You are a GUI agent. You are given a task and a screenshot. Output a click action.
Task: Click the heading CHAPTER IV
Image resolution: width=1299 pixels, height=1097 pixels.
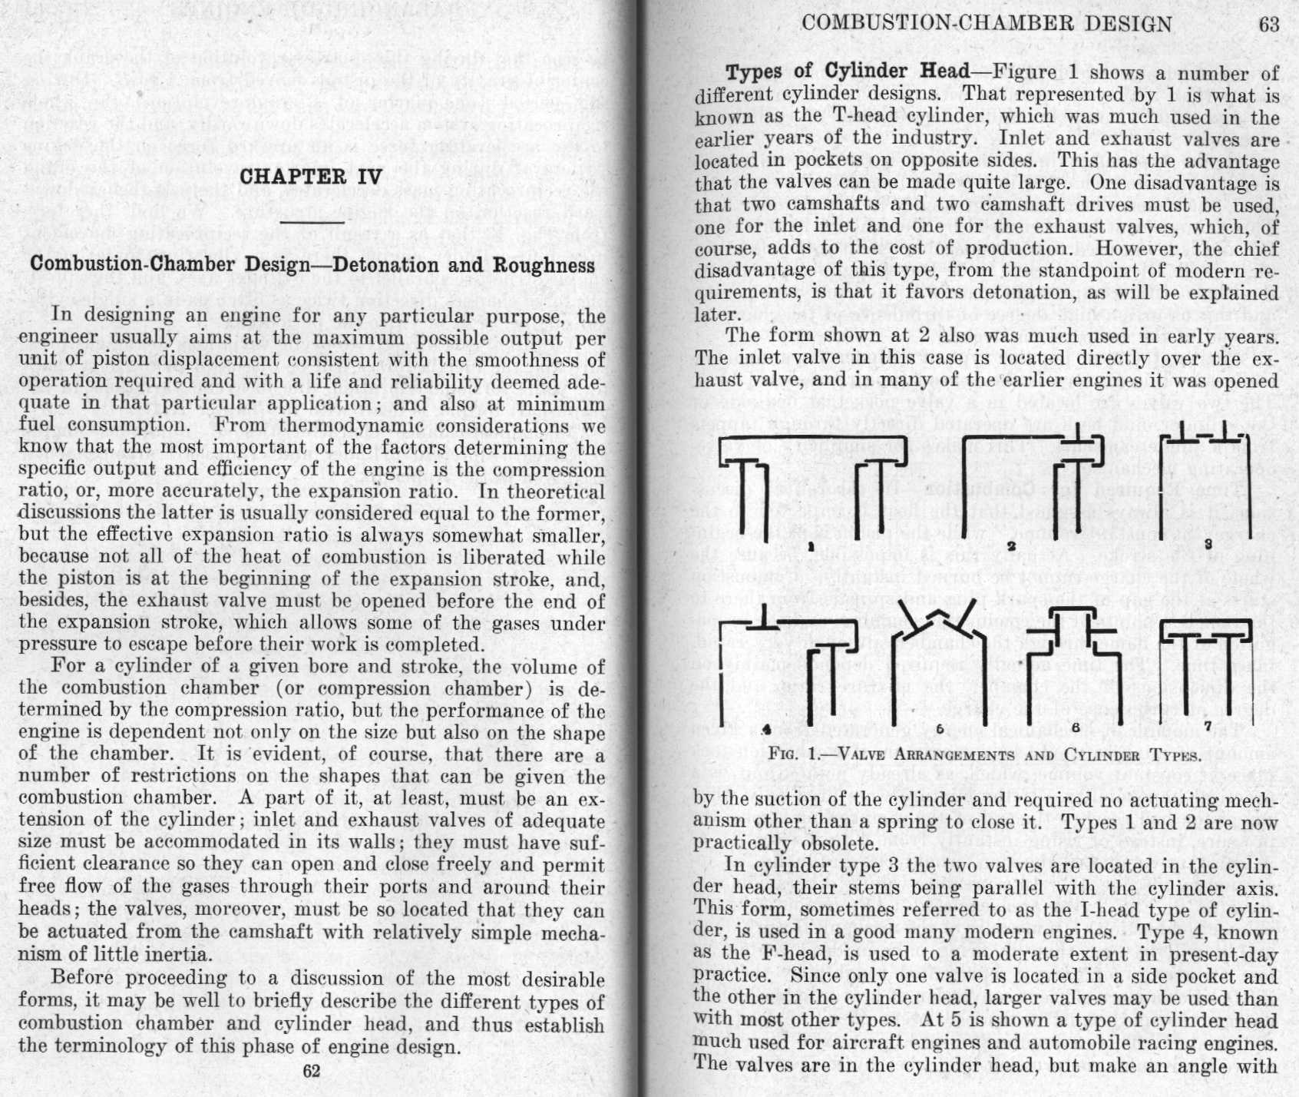click(x=310, y=177)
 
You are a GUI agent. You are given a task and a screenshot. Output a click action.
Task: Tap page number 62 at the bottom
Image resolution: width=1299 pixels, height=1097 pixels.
click(x=311, y=1071)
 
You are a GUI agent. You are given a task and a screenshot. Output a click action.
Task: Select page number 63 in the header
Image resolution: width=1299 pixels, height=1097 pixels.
click(x=1269, y=25)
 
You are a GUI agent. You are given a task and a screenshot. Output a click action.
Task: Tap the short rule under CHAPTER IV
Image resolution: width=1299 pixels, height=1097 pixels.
click(x=311, y=223)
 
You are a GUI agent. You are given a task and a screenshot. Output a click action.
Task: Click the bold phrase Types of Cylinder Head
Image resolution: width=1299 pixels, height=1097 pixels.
click(x=848, y=72)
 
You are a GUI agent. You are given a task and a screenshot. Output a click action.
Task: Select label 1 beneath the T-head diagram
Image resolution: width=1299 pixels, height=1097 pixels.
click(x=811, y=546)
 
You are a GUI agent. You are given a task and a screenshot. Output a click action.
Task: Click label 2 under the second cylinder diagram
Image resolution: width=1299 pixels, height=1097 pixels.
click(x=1011, y=546)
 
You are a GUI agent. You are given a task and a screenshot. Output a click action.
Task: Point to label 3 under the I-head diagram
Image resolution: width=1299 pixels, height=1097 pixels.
click(x=1208, y=544)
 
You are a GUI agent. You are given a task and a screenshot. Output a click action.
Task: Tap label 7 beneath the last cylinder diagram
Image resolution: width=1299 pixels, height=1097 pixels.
click(x=1208, y=725)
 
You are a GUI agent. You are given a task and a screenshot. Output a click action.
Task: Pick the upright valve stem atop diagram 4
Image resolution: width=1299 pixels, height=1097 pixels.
click(x=765, y=614)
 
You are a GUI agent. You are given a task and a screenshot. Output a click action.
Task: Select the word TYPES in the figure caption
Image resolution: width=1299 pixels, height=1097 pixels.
click(x=1171, y=755)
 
